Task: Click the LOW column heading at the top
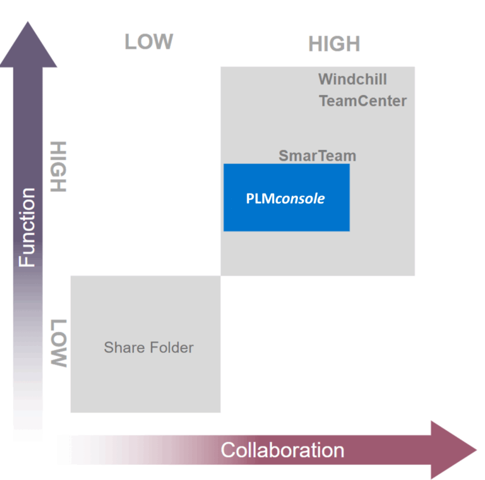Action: (148, 42)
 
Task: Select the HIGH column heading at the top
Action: (334, 44)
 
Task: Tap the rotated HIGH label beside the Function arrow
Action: (58, 166)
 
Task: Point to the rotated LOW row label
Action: (58, 343)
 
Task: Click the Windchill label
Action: (352, 79)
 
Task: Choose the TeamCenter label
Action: (362, 101)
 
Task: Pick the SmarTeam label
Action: (318, 156)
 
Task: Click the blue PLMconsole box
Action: (286, 197)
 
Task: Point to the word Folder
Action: (172, 347)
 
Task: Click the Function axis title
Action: (27, 228)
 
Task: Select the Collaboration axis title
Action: (282, 450)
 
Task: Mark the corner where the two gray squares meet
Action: (220, 276)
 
